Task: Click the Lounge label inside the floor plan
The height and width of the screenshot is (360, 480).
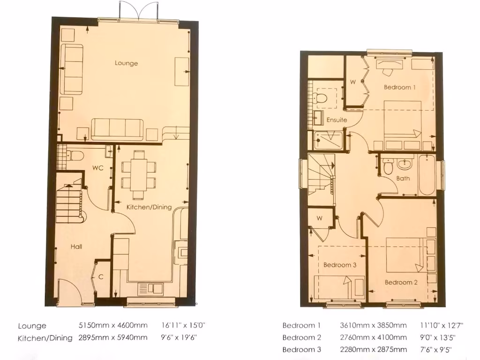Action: click(127, 63)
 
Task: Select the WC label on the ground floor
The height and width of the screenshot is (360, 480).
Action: click(97, 168)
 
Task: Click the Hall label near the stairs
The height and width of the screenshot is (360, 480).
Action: click(77, 246)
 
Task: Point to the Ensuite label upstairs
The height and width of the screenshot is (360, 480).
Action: click(337, 120)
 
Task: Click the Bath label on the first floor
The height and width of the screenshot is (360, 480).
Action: click(403, 178)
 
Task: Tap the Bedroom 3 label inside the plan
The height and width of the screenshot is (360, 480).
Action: click(340, 265)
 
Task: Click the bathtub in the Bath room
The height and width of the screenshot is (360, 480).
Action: click(427, 174)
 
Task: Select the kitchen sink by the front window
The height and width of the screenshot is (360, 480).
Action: click(150, 288)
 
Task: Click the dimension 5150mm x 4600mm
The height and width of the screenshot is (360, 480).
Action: click(112, 325)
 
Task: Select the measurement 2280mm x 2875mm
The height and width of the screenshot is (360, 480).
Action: click(373, 350)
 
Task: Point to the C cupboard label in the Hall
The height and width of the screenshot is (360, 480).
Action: click(101, 277)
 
